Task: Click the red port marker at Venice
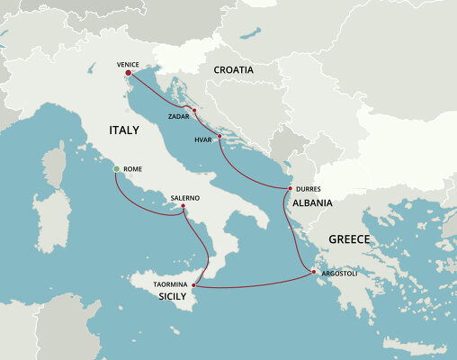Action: tap(129, 74)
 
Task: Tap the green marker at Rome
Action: tap(116, 169)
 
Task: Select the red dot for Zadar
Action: tap(194, 110)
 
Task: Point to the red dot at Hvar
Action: tap(219, 136)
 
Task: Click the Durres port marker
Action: tap(289, 188)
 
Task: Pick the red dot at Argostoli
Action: tap(312, 272)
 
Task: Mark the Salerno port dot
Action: tap(184, 206)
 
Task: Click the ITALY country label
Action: tap(124, 130)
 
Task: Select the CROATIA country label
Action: tap(233, 69)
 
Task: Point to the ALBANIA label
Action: tap(312, 203)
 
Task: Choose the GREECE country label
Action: tap(350, 239)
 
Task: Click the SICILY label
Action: tap(173, 295)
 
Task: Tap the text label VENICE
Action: tap(129, 65)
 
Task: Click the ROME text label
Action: tap(132, 169)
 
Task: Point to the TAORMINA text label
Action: tap(170, 284)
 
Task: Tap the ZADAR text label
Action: tap(179, 116)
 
